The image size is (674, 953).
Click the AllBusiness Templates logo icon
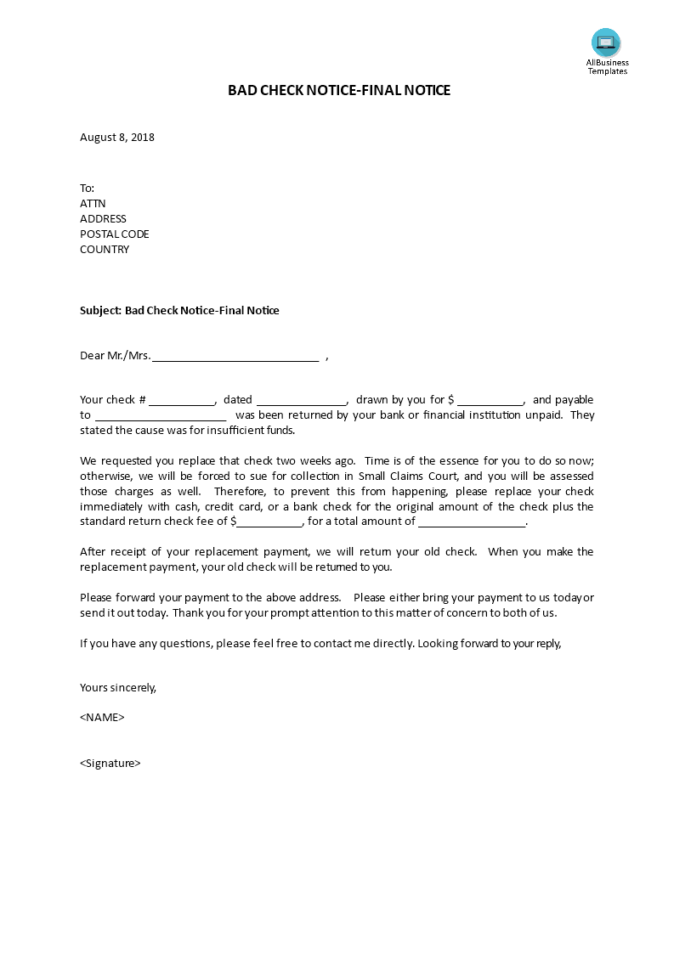pyautogui.click(x=606, y=42)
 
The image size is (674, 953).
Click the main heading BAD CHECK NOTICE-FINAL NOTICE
pyautogui.click(x=339, y=90)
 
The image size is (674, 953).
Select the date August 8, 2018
pyautogui.click(x=117, y=137)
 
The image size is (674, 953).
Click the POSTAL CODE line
pyautogui.click(x=114, y=234)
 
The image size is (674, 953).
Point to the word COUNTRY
pyautogui.click(x=105, y=250)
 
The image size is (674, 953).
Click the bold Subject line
pyautogui.click(x=179, y=311)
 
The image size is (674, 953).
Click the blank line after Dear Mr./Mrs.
pyautogui.click(x=235, y=358)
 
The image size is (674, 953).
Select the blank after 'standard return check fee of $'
pyautogui.click(x=269, y=522)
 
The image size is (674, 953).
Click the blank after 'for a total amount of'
pyautogui.click(x=472, y=522)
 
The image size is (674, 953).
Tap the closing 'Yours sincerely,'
pyautogui.click(x=118, y=688)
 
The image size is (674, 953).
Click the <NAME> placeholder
pyautogui.click(x=102, y=718)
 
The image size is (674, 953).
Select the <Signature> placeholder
pyautogui.click(x=110, y=764)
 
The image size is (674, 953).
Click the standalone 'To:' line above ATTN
pyautogui.click(x=88, y=189)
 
